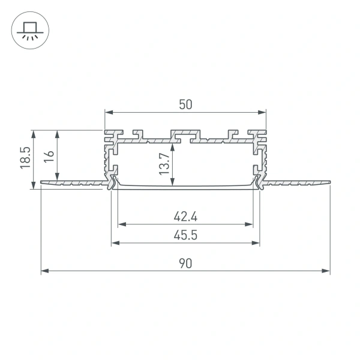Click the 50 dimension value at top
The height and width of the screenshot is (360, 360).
coord(185,104)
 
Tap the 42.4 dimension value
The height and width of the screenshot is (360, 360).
coord(185,215)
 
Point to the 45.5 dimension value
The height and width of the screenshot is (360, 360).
coord(185,235)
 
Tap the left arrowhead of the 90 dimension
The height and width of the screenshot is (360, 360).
coord(43,271)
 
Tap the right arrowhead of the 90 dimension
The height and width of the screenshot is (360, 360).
coord(328,271)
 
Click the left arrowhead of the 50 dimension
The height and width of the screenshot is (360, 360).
coord(107,112)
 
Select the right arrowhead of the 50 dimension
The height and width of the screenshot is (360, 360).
coord(263,112)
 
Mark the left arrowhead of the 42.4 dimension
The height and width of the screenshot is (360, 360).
coord(121,224)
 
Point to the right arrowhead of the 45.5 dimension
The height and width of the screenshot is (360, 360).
coord(257,243)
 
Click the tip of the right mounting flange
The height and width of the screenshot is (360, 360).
coord(329,181)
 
